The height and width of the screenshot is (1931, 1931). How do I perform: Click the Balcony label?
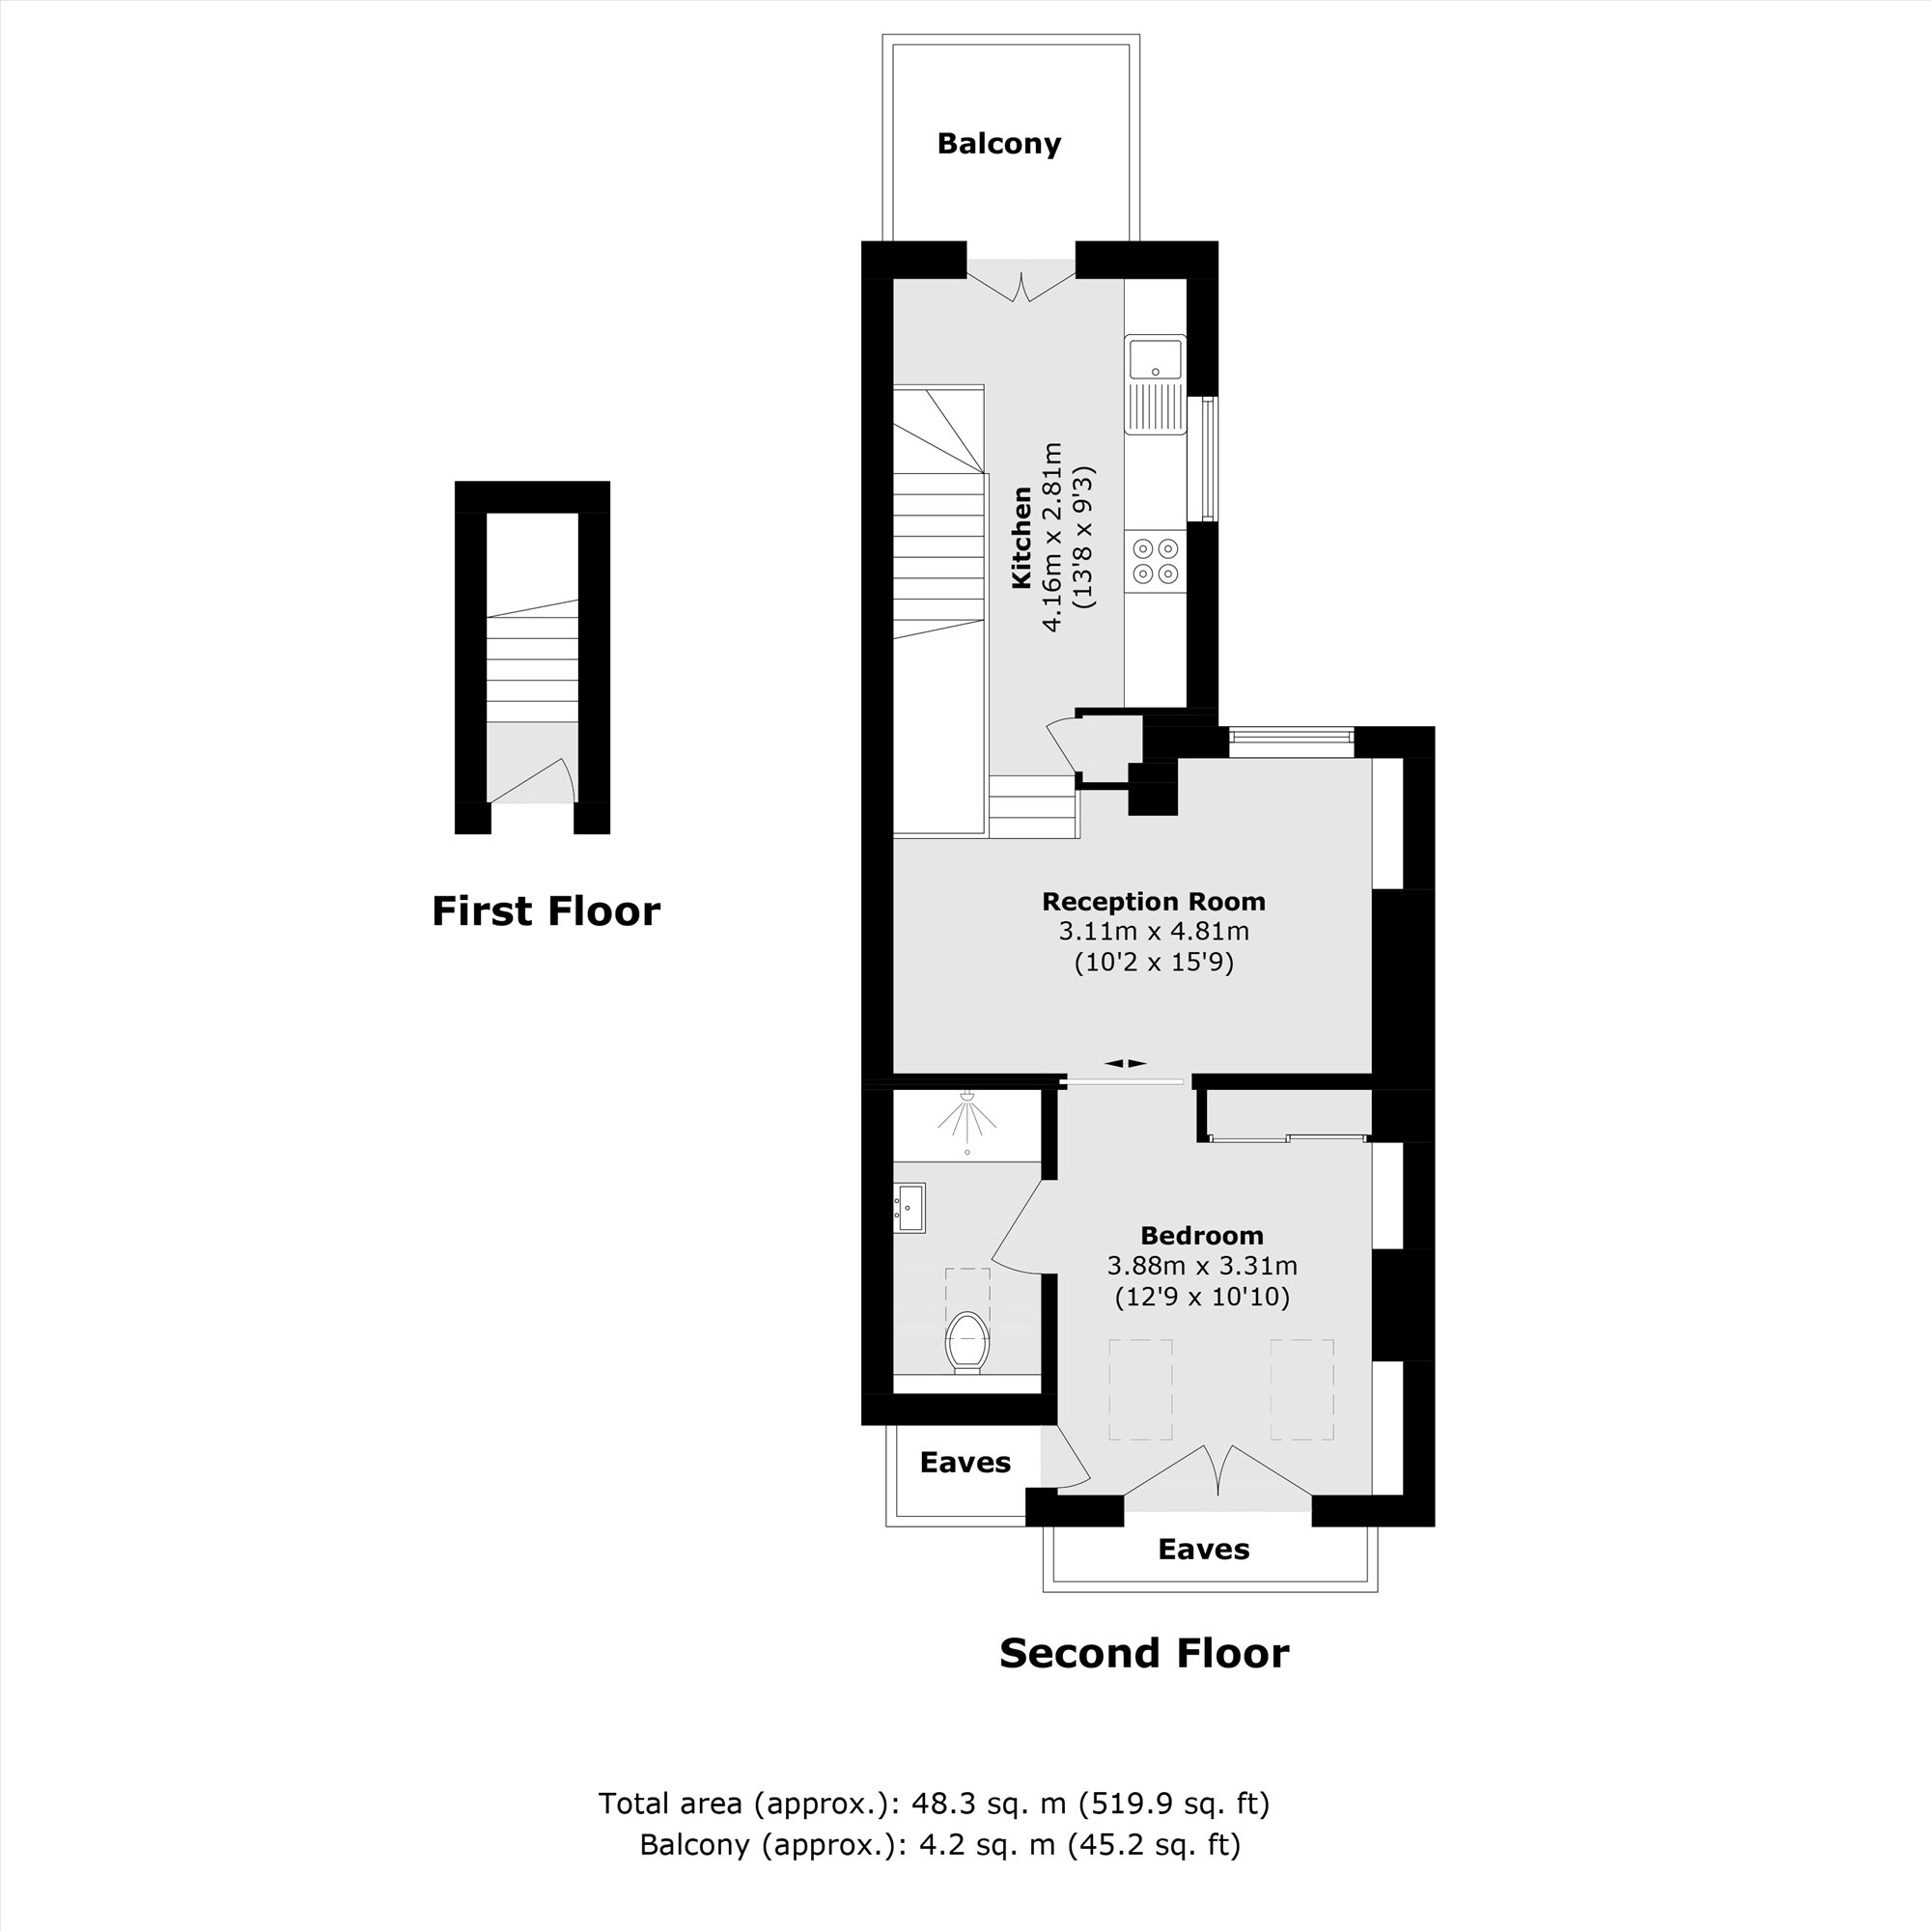[x=998, y=144]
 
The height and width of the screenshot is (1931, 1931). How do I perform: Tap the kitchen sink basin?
[x=1155, y=359]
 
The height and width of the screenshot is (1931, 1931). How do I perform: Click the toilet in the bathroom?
[x=966, y=1341]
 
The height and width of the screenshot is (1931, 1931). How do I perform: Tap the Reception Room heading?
[x=1154, y=902]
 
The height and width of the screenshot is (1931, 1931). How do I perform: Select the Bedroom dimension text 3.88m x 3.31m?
[x=1201, y=1267]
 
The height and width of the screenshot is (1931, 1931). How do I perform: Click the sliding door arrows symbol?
[x=1126, y=1063]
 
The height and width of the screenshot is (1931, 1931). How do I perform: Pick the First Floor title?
[x=546, y=911]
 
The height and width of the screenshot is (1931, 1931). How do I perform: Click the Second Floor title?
[x=1143, y=1653]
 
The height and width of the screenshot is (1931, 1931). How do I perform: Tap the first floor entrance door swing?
[x=545, y=779]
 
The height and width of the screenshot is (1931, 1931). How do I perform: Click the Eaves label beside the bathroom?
[x=965, y=1462]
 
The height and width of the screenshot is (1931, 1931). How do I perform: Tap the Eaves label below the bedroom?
[x=1203, y=1550]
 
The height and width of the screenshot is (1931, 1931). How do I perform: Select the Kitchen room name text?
[x=1021, y=537]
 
